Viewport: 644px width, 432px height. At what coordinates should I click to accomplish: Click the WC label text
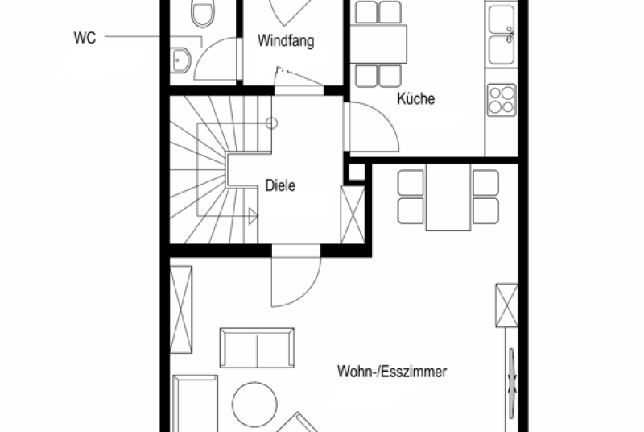[85, 37]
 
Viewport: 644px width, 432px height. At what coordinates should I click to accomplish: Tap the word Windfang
[286, 40]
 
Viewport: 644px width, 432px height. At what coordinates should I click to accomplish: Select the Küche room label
[415, 98]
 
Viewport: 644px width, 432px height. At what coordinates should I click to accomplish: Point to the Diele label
[280, 185]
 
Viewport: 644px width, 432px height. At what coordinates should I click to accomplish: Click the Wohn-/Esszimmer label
[392, 372]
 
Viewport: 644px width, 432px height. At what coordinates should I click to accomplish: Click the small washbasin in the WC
[180, 60]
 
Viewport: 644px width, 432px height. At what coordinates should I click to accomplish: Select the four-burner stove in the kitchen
[502, 100]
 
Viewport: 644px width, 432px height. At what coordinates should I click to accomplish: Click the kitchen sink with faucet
[502, 35]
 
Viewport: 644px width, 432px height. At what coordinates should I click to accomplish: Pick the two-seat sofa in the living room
[257, 347]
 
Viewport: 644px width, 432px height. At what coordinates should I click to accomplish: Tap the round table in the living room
[254, 405]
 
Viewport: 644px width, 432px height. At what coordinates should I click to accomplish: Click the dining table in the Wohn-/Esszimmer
[448, 197]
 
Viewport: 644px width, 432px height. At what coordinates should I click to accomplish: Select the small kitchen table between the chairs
[378, 44]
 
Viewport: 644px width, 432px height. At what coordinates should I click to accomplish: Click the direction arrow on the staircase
[253, 216]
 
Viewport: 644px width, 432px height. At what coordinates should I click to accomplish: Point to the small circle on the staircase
[271, 123]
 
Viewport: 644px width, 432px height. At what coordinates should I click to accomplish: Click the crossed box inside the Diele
[353, 215]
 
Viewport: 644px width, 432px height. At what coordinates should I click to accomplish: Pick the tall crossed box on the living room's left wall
[181, 309]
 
